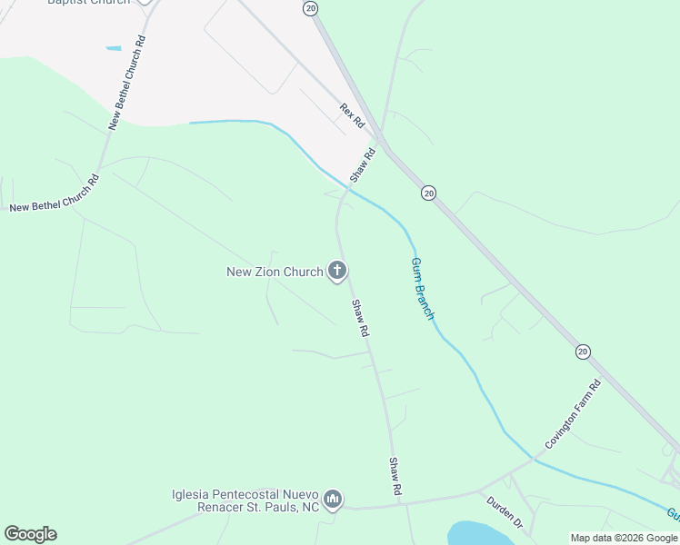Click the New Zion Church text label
(274, 272)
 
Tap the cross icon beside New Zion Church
(337, 270)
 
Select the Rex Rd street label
(352, 115)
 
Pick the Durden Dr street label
(505, 512)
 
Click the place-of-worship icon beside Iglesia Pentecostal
(333, 500)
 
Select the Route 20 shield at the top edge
(311, 7)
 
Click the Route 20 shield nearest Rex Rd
(428, 193)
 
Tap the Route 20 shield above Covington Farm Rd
(583, 351)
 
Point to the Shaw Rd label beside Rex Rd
(362, 164)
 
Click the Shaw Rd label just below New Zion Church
(360, 319)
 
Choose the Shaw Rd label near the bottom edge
(395, 476)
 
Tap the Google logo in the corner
(30, 534)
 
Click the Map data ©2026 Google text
(624, 538)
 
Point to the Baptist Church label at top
(88, 2)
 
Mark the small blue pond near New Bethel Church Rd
(114, 48)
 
